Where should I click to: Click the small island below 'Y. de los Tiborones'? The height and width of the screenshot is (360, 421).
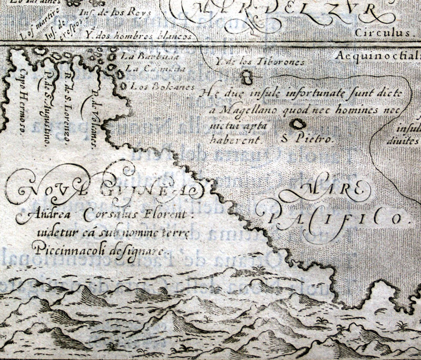tap(245, 78)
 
